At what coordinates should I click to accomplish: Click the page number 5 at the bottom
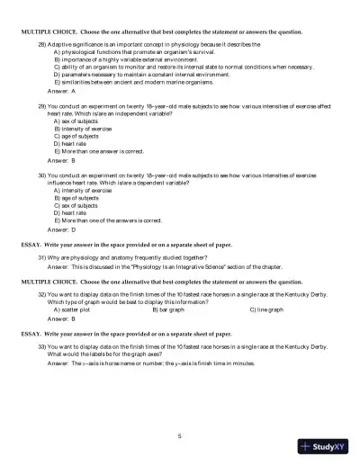[x=180, y=435]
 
